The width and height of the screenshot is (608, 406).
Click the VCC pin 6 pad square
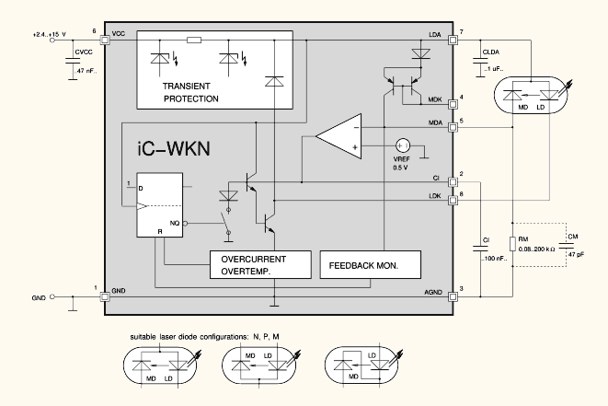[x=105, y=40]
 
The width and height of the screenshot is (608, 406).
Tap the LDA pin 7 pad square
[x=453, y=40]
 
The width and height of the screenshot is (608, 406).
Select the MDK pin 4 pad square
[x=453, y=104]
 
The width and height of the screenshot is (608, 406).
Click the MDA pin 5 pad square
[x=453, y=127]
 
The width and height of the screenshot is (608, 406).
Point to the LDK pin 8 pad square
[x=453, y=201]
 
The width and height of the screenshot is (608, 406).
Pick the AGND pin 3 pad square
[x=453, y=297]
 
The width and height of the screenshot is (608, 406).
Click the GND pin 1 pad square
[x=105, y=297]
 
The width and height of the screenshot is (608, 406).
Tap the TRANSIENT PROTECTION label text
[x=190, y=92]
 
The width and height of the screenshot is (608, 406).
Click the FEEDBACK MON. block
[x=371, y=265]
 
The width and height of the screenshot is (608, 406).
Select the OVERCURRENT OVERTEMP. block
[x=260, y=265]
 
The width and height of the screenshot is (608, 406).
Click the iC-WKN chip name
[x=174, y=148]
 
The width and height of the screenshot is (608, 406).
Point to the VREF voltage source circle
[x=403, y=145]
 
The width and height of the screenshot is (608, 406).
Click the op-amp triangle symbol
[x=338, y=136]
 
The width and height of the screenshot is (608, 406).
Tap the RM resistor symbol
[x=512, y=244]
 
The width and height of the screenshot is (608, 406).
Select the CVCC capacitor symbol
[x=73, y=61]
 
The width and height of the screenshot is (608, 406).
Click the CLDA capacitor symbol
[x=480, y=61]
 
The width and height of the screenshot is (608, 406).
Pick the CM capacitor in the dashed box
[x=566, y=245]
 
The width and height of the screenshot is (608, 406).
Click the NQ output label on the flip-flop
[x=175, y=223]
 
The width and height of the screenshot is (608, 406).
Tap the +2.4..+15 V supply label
[x=50, y=35]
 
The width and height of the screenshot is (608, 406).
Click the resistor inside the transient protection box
[x=194, y=40]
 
